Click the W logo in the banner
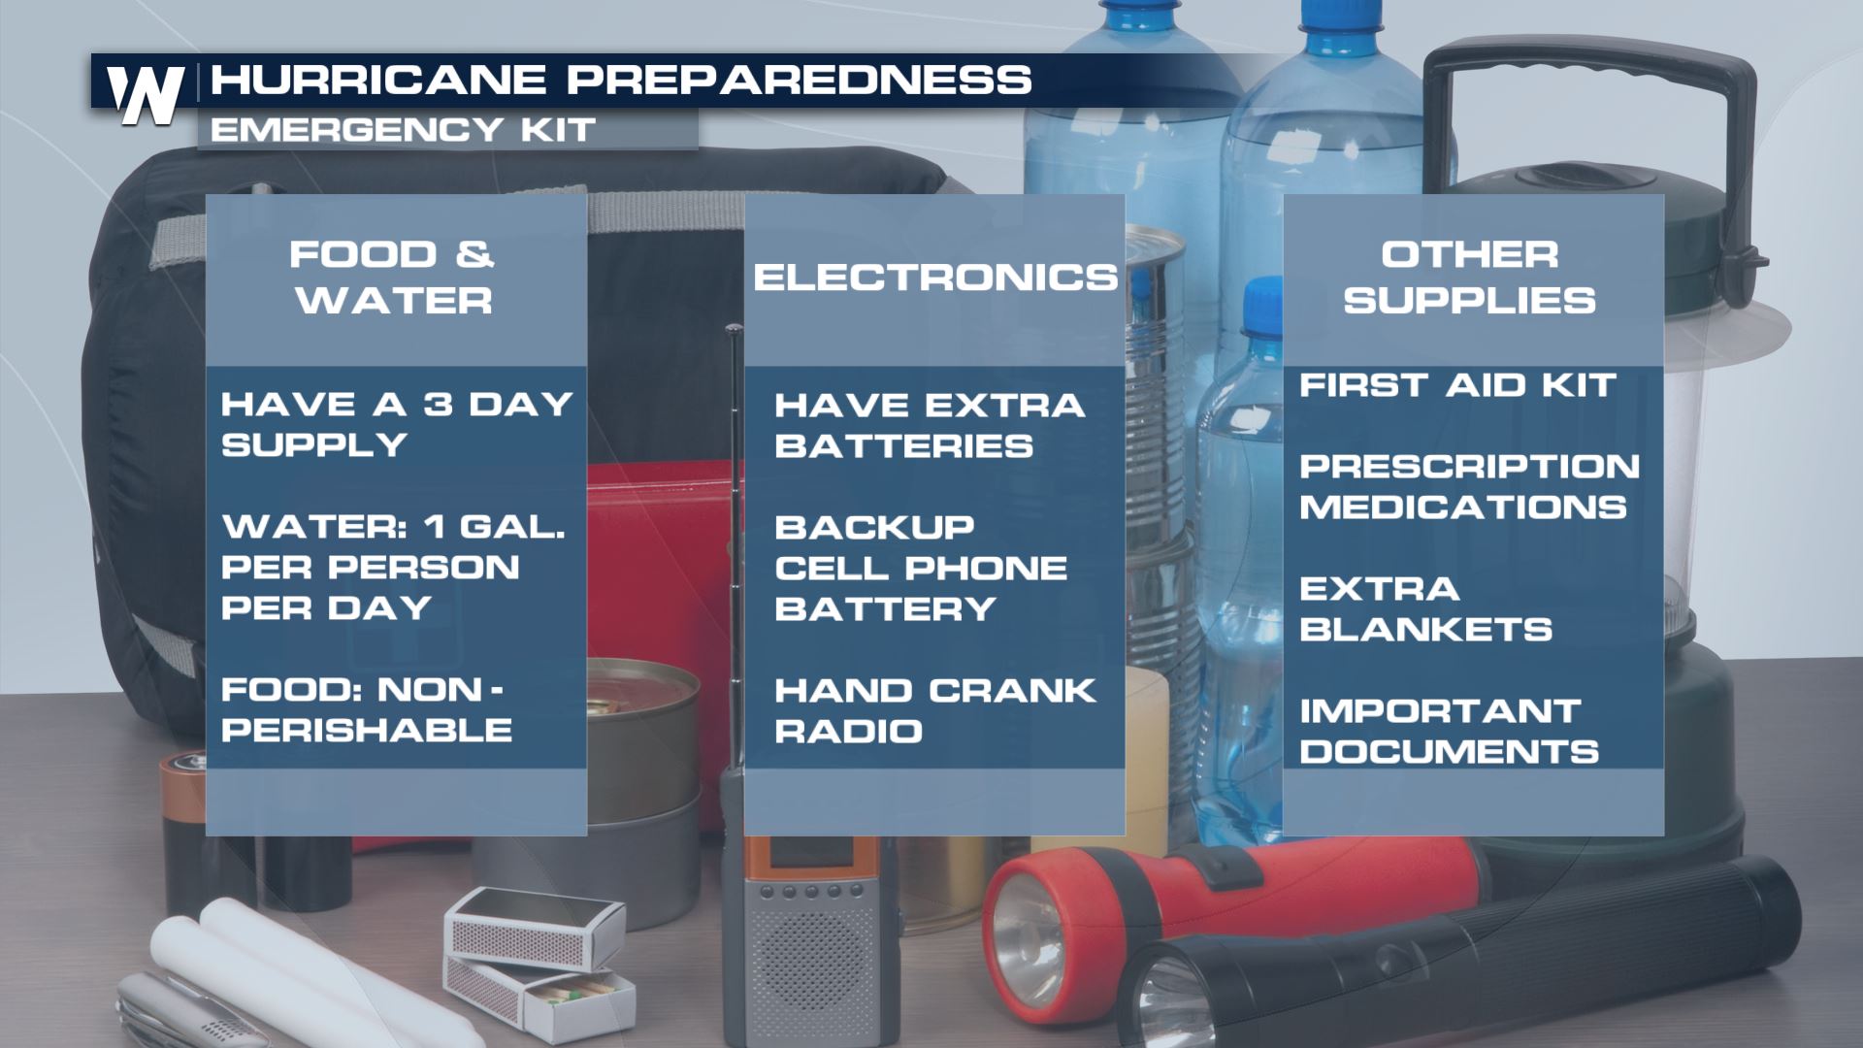(146, 95)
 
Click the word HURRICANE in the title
(379, 80)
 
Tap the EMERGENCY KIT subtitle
(403, 130)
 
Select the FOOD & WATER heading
(393, 278)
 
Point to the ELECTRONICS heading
(935, 278)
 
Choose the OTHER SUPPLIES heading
(1470, 278)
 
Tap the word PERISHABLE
(367, 730)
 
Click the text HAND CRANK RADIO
(935, 710)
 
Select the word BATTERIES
(903, 445)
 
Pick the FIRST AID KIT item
(1457, 385)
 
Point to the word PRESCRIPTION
(1470, 467)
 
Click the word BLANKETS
(1426, 630)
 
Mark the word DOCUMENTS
(1450, 751)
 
